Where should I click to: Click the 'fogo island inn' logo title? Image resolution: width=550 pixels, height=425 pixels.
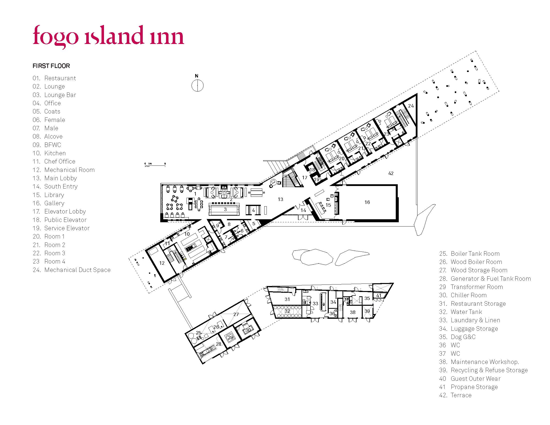[108, 36]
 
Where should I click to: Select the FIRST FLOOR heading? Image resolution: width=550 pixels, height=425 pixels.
[51, 66]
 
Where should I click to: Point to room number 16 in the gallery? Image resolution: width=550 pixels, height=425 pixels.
[367, 202]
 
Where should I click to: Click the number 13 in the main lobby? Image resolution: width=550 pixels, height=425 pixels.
[280, 199]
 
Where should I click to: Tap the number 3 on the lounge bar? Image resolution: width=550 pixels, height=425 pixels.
[225, 209]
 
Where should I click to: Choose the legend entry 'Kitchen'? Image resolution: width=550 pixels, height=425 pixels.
[49, 153]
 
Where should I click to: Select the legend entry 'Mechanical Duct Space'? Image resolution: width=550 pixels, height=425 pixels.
[72, 270]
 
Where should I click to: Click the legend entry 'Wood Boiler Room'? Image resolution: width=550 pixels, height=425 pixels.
[471, 262]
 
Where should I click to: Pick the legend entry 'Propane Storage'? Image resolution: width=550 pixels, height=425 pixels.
[468, 387]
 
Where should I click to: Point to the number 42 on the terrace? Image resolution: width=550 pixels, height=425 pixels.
[391, 173]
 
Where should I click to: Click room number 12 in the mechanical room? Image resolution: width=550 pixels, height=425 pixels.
[162, 263]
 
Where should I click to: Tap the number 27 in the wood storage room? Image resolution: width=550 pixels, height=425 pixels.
[236, 314]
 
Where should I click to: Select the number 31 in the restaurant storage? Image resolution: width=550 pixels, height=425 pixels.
[287, 299]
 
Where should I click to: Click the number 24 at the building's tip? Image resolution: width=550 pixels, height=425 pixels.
[411, 106]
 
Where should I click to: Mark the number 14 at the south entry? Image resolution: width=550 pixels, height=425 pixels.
[303, 210]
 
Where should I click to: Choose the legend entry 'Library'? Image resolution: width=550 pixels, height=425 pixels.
[48, 195]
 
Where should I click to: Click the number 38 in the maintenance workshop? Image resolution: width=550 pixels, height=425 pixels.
[353, 312]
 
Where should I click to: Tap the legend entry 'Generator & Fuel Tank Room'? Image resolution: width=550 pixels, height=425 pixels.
[485, 278]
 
